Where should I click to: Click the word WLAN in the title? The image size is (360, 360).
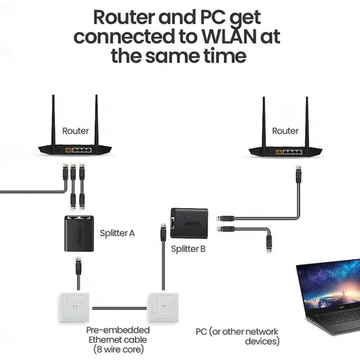point(229,37)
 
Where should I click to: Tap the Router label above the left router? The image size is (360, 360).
point(76,131)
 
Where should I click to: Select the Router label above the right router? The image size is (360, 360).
point(285,131)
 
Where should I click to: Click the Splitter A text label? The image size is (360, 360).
point(117,233)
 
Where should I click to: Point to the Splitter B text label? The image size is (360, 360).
point(188,249)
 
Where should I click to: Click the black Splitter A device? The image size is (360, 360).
point(79,233)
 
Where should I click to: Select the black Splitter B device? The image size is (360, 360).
point(189,223)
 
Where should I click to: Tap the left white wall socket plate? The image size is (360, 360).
point(74,307)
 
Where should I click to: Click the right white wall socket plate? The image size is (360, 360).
point(164,307)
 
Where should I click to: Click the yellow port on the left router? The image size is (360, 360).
point(68,150)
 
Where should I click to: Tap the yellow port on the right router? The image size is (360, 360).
point(279,152)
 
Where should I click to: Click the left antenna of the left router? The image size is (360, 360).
point(53,120)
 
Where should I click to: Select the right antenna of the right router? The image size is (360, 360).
point(307,122)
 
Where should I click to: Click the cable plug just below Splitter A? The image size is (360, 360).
point(78,266)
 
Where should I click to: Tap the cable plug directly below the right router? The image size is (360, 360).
point(299,174)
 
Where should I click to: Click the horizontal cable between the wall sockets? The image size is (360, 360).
point(120,308)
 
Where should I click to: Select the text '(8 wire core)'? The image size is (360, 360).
point(119,349)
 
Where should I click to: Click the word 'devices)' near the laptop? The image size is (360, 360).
point(262,341)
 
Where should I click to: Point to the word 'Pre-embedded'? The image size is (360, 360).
point(118,330)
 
